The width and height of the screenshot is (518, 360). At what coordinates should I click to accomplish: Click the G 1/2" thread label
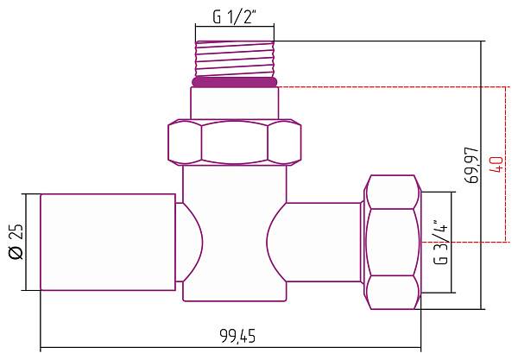[234, 16]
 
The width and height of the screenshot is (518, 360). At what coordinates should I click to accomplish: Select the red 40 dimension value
[496, 165]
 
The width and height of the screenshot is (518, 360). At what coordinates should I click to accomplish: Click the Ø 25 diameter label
[15, 243]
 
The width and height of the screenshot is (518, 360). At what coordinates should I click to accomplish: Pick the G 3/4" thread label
[439, 243]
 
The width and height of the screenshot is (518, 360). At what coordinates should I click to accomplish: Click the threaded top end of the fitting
[234, 59]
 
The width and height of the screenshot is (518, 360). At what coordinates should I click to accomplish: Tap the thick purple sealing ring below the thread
[234, 83]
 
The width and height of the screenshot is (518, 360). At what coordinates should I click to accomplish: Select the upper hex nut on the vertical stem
[234, 142]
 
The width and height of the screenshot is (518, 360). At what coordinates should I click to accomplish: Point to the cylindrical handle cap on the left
[108, 242]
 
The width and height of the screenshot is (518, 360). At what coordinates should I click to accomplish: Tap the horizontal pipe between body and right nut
[324, 241]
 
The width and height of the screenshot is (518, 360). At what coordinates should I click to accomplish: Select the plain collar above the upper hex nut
[234, 104]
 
